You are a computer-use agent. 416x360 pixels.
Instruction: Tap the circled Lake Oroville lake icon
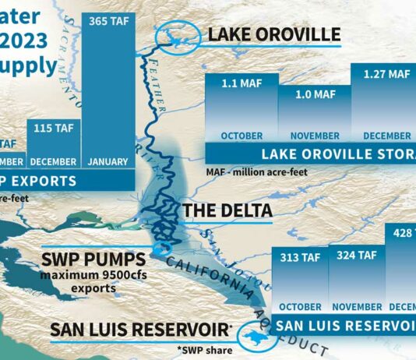[x=178, y=37]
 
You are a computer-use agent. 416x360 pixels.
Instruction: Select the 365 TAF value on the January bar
[x=109, y=21]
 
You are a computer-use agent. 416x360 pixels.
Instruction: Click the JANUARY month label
[x=109, y=162]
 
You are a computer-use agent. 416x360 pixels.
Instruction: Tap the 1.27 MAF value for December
[x=382, y=75]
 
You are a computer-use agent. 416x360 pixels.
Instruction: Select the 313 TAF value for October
[x=298, y=256]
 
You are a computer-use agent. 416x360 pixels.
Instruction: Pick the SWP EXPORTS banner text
[x=47, y=182]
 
